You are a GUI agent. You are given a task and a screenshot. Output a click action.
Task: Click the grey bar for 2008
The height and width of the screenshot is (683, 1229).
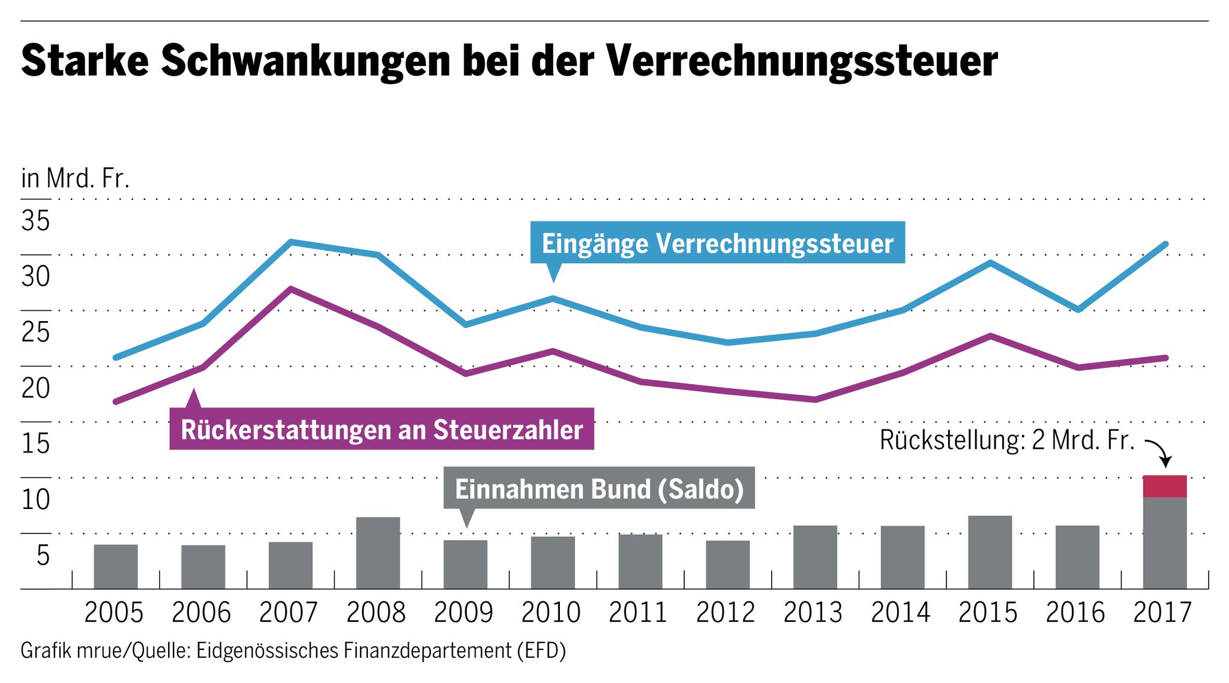click(377, 553)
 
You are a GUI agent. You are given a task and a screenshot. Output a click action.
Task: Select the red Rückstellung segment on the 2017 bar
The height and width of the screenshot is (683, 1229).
click(1164, 486)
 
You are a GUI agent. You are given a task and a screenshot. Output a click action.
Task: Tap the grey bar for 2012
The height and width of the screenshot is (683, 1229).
click(727, 564)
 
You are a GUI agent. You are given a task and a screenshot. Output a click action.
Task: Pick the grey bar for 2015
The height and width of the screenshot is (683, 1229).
click(990, 552)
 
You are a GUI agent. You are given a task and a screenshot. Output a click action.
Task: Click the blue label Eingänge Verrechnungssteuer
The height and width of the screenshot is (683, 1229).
click(717, 243)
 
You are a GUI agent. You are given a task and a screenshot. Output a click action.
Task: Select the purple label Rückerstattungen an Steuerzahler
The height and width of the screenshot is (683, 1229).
click(382, 429)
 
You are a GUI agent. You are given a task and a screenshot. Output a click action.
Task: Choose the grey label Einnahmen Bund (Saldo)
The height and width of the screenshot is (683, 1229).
click(599, 489)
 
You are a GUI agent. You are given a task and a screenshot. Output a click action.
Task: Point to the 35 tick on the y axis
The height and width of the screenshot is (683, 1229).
click(35, 221)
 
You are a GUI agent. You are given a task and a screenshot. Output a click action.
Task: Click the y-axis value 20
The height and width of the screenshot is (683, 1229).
click(35, 388)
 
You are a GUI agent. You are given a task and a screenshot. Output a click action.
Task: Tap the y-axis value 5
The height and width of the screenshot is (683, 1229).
click(43, 555)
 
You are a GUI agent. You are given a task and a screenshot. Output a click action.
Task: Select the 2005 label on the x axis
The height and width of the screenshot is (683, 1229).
click(114, 613)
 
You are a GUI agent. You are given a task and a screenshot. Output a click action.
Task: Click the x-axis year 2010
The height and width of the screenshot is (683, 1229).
click(551, 613)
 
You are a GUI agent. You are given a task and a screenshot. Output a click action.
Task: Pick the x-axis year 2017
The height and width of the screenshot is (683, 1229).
click(1162, 613)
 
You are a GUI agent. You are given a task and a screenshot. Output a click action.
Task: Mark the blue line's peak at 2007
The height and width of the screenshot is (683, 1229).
click(290, 242)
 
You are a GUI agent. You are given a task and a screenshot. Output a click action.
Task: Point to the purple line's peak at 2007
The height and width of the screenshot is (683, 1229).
click(290, 289)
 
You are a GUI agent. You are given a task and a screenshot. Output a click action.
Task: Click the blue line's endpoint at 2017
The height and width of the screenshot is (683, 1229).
click(1165, 244)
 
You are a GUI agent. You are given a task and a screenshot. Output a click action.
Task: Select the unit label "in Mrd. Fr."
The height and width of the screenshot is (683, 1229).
click(75, 178)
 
